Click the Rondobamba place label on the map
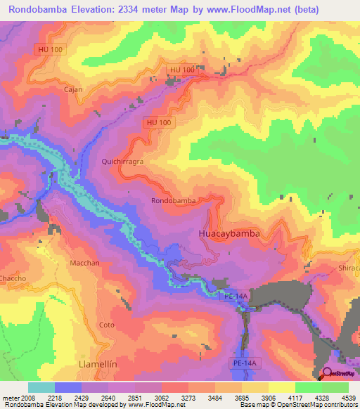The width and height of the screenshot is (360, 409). click(x=174, y=200)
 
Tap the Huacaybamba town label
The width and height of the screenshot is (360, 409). click(x=230, y=233)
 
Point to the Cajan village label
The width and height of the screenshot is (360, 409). click(x=74, y=90)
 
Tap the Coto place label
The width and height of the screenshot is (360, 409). click(x=106, y=325)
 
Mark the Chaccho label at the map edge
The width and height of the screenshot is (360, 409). click(x=13, y=278)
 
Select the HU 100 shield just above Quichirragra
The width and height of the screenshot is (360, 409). click(x=157, y=122)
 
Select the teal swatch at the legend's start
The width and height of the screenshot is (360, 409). click(x=41, y=387)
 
